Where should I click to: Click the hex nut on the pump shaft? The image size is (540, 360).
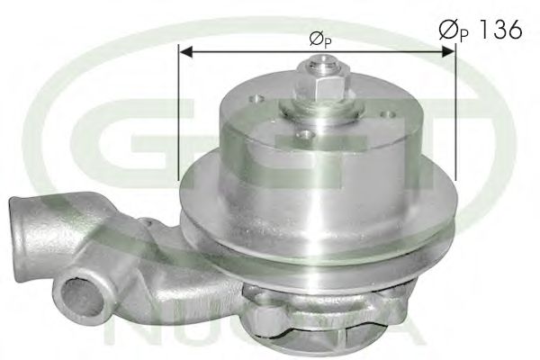coord(321,86)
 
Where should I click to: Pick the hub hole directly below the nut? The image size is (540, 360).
coord(305,134)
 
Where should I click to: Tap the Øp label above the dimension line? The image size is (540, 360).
coord(317,39)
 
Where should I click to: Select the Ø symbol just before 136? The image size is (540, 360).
coord(446,29)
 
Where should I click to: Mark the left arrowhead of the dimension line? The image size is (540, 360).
coord(184,51)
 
